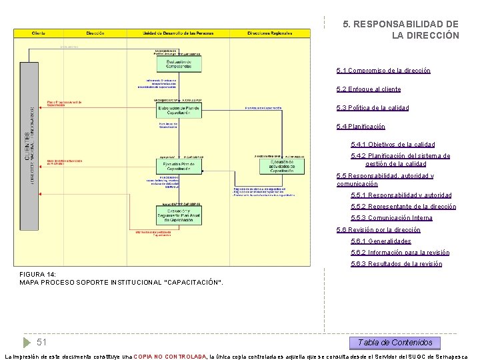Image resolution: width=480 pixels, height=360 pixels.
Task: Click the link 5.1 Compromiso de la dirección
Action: (x=383, y=71)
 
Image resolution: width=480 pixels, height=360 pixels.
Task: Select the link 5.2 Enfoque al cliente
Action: (x=378, y=89)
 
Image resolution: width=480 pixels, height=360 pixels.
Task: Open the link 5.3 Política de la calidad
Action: (x=382, y=108)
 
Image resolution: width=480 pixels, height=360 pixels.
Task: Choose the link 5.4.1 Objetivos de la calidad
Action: (x=393, y=145)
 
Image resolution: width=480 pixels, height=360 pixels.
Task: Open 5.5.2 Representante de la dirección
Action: (x=403, y=207)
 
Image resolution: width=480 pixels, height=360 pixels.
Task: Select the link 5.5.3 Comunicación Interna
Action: (x=391, y=218)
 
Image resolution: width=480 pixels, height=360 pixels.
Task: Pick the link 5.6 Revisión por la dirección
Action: (x=379, y=230)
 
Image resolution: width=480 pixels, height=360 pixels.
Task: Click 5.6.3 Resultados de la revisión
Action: (x=396, y=264)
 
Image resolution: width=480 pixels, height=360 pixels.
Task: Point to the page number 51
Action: (x=41, y=342)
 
